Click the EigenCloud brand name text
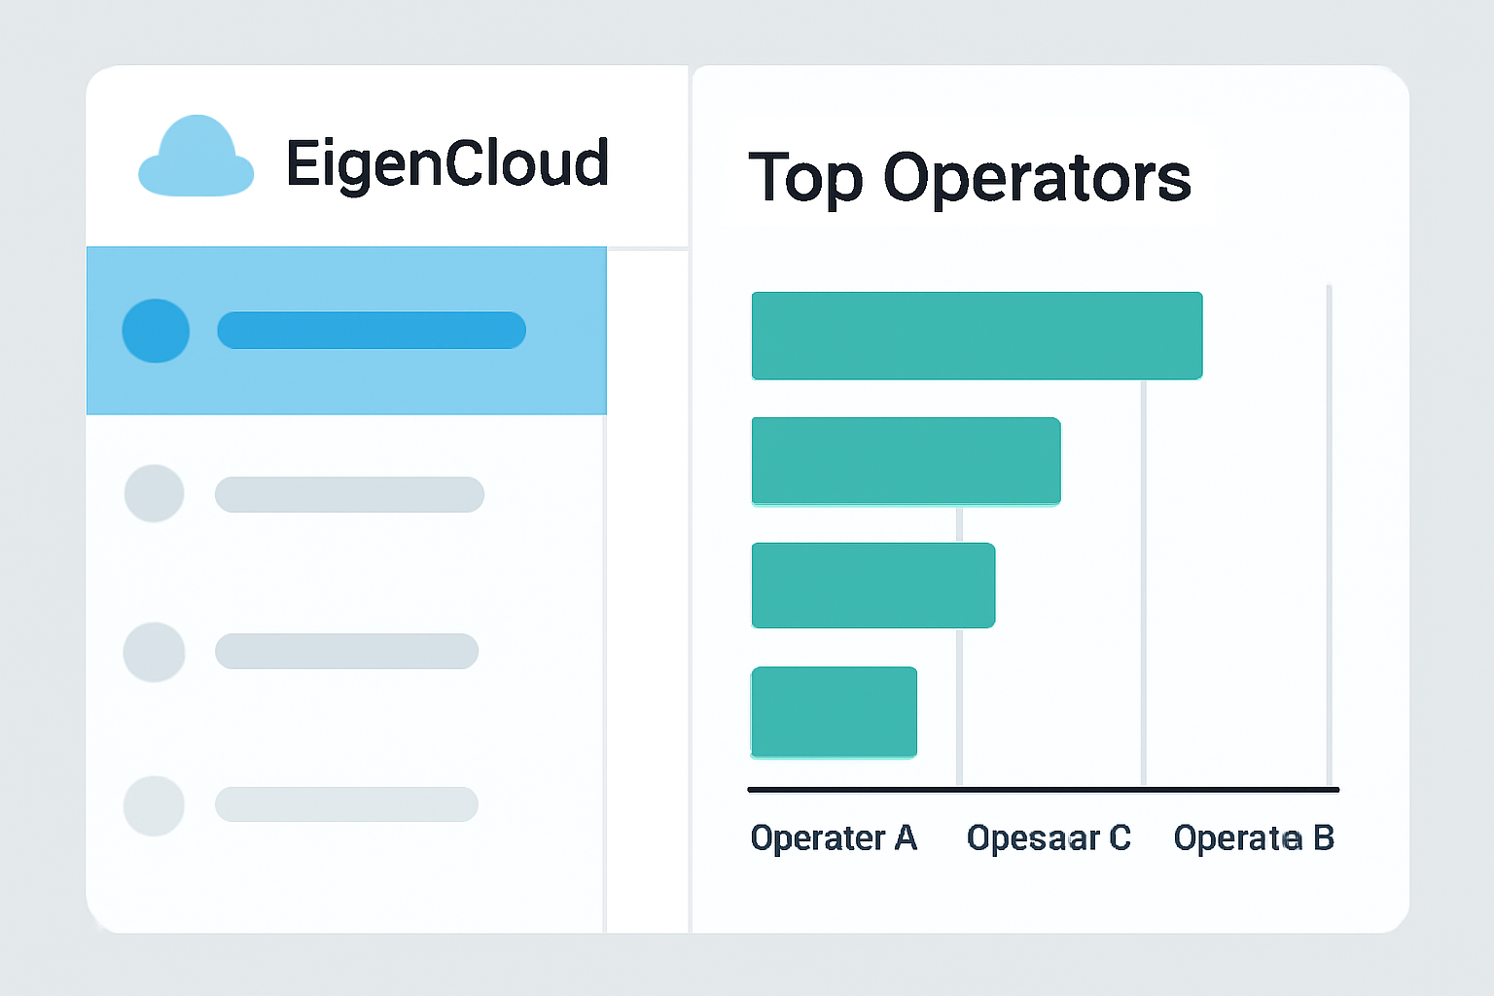tap(447, 162)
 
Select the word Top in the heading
tap(805, 178)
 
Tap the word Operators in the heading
tap(1037, 178)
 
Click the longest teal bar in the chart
tap(977, 336)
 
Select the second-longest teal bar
tap(906, 461)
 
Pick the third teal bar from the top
tap(872, 586)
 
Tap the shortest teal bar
tap(834, 711)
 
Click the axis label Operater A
tap(834, 837)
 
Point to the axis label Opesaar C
tap(1049, 837)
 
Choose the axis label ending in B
tap(1254, 837)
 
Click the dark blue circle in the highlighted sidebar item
tap(156, 331)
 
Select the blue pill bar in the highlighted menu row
tap(372, 331)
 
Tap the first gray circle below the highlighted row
tap(155, 493)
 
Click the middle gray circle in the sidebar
tap(155, 652)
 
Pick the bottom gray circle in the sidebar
tap(155, 805)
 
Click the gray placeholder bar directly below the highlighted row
tap(349, 494)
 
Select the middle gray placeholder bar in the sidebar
tap(346, 652)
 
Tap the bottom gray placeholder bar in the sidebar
tap(346, 804)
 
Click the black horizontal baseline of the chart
tap(1043, 790)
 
